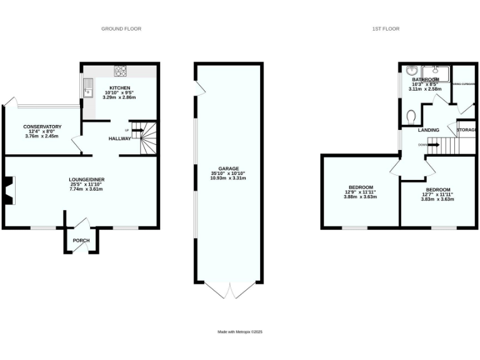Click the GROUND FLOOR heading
122,29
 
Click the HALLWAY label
120,139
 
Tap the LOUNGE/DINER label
86,180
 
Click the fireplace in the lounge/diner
9,191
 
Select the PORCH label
81,241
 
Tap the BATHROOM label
425,80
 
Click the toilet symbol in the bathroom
411,116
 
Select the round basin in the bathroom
412,71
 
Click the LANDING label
429,130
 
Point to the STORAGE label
466,130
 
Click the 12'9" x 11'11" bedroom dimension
361,192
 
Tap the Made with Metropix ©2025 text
240,332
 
